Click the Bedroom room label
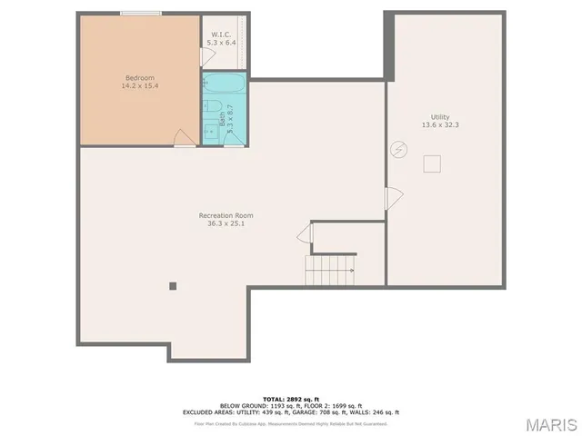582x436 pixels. pyautogui.click(x=139, y=78)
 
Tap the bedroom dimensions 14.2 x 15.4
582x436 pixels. pyautogui.click(x=139, y=86)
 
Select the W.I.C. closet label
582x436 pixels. pyautogui.click(x=220, y=35)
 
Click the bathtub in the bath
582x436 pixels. pyautogui.click(x=225, y=86)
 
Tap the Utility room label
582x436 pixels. pyautogui.click(x=441, y=116)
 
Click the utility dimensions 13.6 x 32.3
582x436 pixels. pyautogui.click(x=441, y=125)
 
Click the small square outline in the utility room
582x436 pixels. pyautogui.click(x=434, y=163)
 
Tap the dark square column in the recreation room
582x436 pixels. pyautogui.click(x=173, y=285)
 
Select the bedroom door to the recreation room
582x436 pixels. pyautogui.click(x=184, y=138)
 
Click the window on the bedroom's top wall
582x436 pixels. pyautogui.click(x=141, y=14)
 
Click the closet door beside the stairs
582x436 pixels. pyautogui.click(x=305, y=235)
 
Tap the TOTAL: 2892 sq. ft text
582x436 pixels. pyautogui.click(x=291, y=399)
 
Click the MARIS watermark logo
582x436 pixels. pyautogui.click(x=550, y=424)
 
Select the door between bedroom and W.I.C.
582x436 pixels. pyautogui.click(x=206, y=56)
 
